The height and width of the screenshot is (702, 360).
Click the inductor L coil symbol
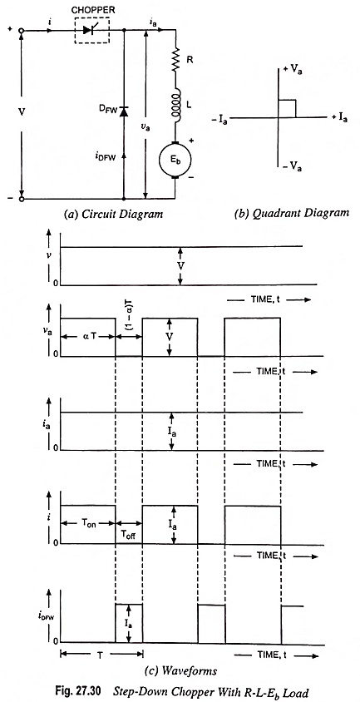click(176, 106)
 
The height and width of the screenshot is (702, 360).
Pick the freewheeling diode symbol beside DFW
click(124, 111)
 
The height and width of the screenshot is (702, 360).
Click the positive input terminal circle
click(21, 31)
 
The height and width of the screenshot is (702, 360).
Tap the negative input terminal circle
click(21, 198)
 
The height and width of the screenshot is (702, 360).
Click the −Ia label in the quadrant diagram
click(219, 120)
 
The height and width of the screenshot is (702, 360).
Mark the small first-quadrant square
click(287, 109)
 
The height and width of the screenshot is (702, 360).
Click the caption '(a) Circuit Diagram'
click(112, 214)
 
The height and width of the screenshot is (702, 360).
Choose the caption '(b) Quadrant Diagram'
click(292, 213)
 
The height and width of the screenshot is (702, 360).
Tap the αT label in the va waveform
click(88, 337)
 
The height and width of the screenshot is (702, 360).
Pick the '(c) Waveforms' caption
click(181, 671)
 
